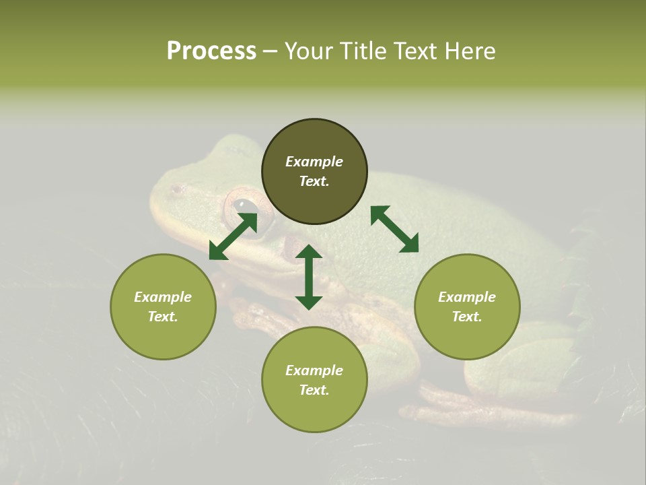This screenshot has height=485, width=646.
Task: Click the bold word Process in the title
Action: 211,51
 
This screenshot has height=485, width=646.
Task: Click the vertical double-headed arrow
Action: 309,277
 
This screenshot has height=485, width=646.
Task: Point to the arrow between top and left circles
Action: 233,236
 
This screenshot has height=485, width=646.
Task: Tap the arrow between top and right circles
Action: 394,229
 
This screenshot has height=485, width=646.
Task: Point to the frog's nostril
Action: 176,190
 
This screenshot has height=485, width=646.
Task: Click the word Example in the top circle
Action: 314,162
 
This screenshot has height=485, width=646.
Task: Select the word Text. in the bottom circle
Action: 314,390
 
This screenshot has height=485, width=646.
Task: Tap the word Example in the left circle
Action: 163,297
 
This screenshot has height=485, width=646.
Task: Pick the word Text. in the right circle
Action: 467,317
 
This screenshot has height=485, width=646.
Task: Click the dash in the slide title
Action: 270,52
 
